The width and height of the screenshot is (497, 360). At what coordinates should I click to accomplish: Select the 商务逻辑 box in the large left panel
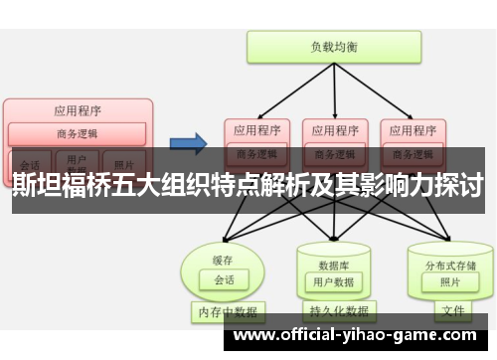(78, 134)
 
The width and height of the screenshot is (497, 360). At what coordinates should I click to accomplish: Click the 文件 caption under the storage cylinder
(452, 312)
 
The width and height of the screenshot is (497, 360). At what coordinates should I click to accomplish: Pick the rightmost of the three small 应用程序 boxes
(412, 130)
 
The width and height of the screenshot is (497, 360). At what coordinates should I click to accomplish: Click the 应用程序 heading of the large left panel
(78, 110)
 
